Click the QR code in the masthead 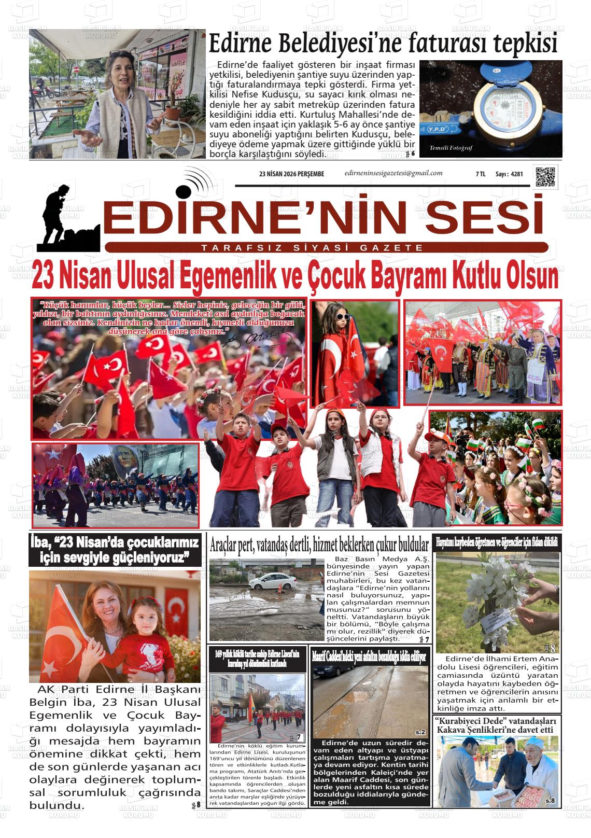pyautogui.click(x=546, y=177)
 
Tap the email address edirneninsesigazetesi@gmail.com pyautogui.click(x=393, y=173)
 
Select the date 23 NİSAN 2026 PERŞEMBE pyautogui.click(x=291, y=174)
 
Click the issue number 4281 pyautogui.click(x=516, y=174)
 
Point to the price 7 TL pyautogui.click(x=480, y=174)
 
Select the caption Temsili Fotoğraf pyautogui.click(x=451, y=148)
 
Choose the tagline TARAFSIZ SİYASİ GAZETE pyautogui.click(x=312, y=248)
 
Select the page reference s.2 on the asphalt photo pyautogui.click(x=420, y=732)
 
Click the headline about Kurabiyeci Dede pyautogui.click(x=496, y=725)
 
